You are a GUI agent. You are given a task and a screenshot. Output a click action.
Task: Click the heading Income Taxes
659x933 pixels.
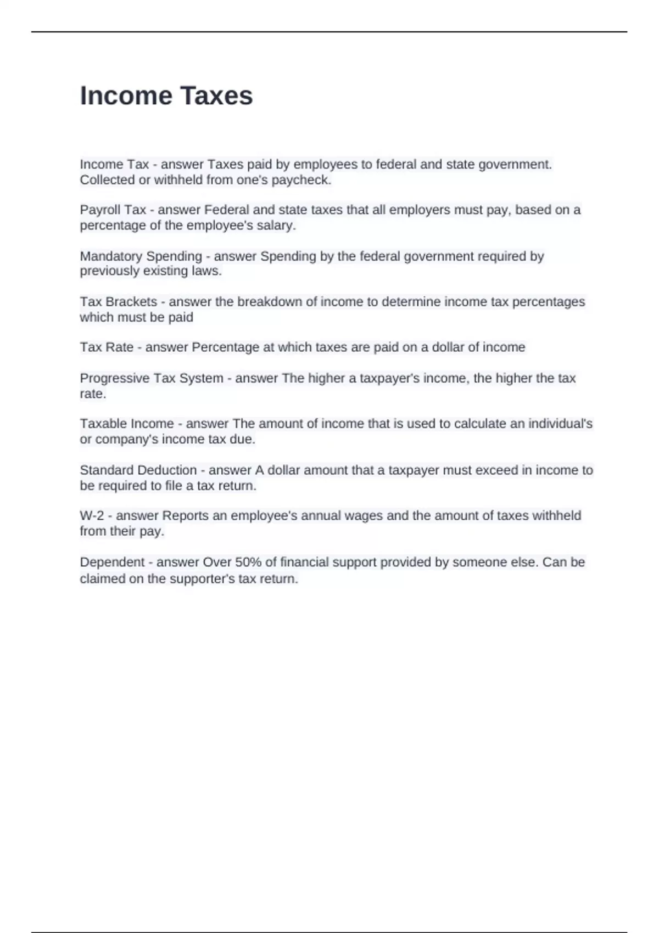(x=166, y=96)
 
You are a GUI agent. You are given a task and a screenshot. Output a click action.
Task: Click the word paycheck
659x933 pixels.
(x=301, y=180)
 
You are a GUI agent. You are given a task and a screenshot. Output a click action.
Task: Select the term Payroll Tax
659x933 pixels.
(x=113, y=210)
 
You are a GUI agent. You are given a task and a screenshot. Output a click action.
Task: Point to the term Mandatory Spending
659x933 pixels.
(x=141, y=256)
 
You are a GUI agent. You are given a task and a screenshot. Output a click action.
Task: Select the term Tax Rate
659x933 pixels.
(x=107, y=347)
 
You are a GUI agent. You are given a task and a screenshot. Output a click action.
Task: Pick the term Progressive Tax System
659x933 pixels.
(x=152, y=378)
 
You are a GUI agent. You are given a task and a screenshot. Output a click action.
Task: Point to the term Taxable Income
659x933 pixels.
(x=127, y=424)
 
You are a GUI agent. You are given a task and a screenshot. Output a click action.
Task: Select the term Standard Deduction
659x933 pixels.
(x=138, y=470)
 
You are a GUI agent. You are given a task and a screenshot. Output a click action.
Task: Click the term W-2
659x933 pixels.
(x=92, y=516)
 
